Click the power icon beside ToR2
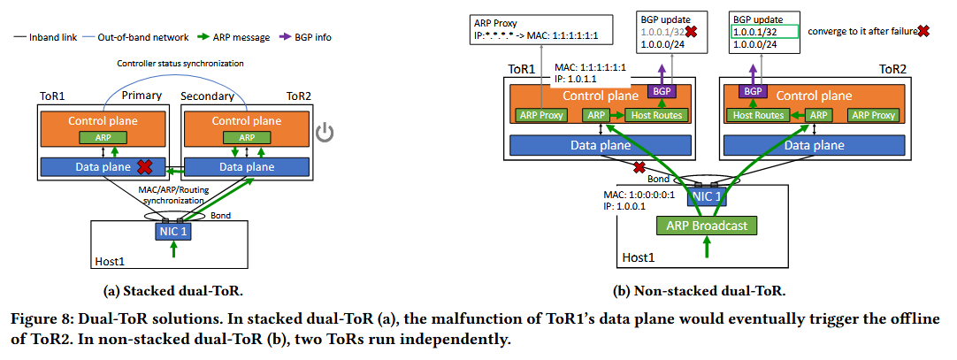click(x=325, y=134)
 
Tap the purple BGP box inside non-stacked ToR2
click(x=752, y=91)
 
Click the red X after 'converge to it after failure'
click(x=923, y=30)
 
